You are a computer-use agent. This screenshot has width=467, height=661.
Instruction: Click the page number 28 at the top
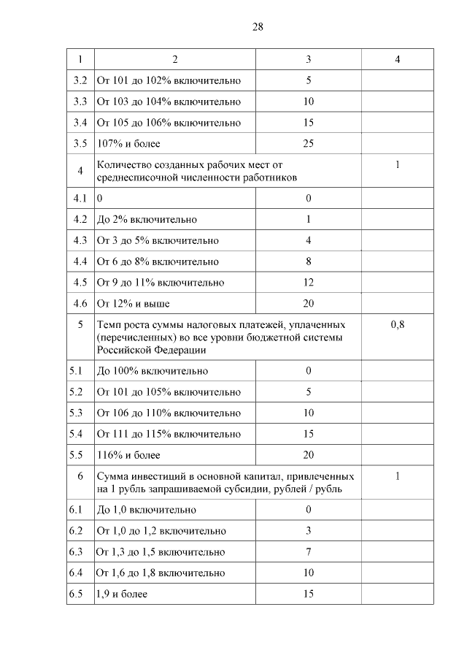[x=258, y=27]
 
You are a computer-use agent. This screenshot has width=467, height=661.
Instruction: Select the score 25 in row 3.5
[x=308, y=143]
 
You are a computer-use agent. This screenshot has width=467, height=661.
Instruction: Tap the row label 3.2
[x=80, y=80]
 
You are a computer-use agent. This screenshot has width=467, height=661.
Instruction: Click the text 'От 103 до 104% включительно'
[x=169, y=102]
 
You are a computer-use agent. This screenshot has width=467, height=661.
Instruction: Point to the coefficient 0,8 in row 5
[x=397, y=324]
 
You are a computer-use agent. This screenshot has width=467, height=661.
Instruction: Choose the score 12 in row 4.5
[x=308, y=282]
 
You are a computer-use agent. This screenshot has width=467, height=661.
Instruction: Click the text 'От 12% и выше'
[x=134, y=303]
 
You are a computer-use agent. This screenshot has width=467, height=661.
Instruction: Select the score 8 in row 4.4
[x=308, y=261]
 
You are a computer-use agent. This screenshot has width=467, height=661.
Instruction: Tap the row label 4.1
[x=80, y=198]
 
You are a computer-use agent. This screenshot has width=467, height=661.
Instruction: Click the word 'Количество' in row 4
[x=124, y=165]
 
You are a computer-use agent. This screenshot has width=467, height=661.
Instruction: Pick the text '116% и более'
[x=128, y=455]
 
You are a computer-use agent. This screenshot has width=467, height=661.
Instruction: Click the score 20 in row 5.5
[x=308, y=455]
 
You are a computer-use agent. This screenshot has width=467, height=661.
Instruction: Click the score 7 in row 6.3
[x=308, y=551]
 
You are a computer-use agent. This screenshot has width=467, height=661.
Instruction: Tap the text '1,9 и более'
[x=122, y=594]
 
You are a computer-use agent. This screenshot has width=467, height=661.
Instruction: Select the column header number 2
[x=174, y=58]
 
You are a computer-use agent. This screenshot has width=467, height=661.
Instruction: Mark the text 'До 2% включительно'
[x=147, y=219]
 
